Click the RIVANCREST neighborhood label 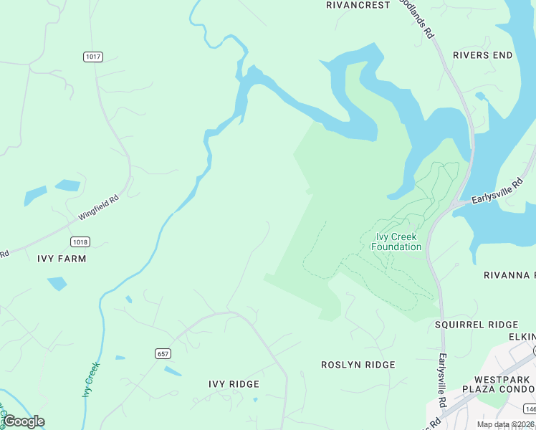(x=358, y=5)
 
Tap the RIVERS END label (x=482, y=55)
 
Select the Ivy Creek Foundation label (x=396, y=242)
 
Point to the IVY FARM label (x=62, y=259)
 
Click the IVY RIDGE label (x=234, y=384)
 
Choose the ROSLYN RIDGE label (x=358, y=365)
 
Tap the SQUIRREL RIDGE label (x=477, y=325)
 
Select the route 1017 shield (x=92, y=57)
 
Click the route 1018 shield (x=80, y=242)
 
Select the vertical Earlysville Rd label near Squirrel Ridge (x=443, y=374)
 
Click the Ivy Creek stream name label (x=91, y=380)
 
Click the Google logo (x=23, y=421)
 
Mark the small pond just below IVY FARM (x=57, y=284)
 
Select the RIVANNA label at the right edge (x=509, y=275)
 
